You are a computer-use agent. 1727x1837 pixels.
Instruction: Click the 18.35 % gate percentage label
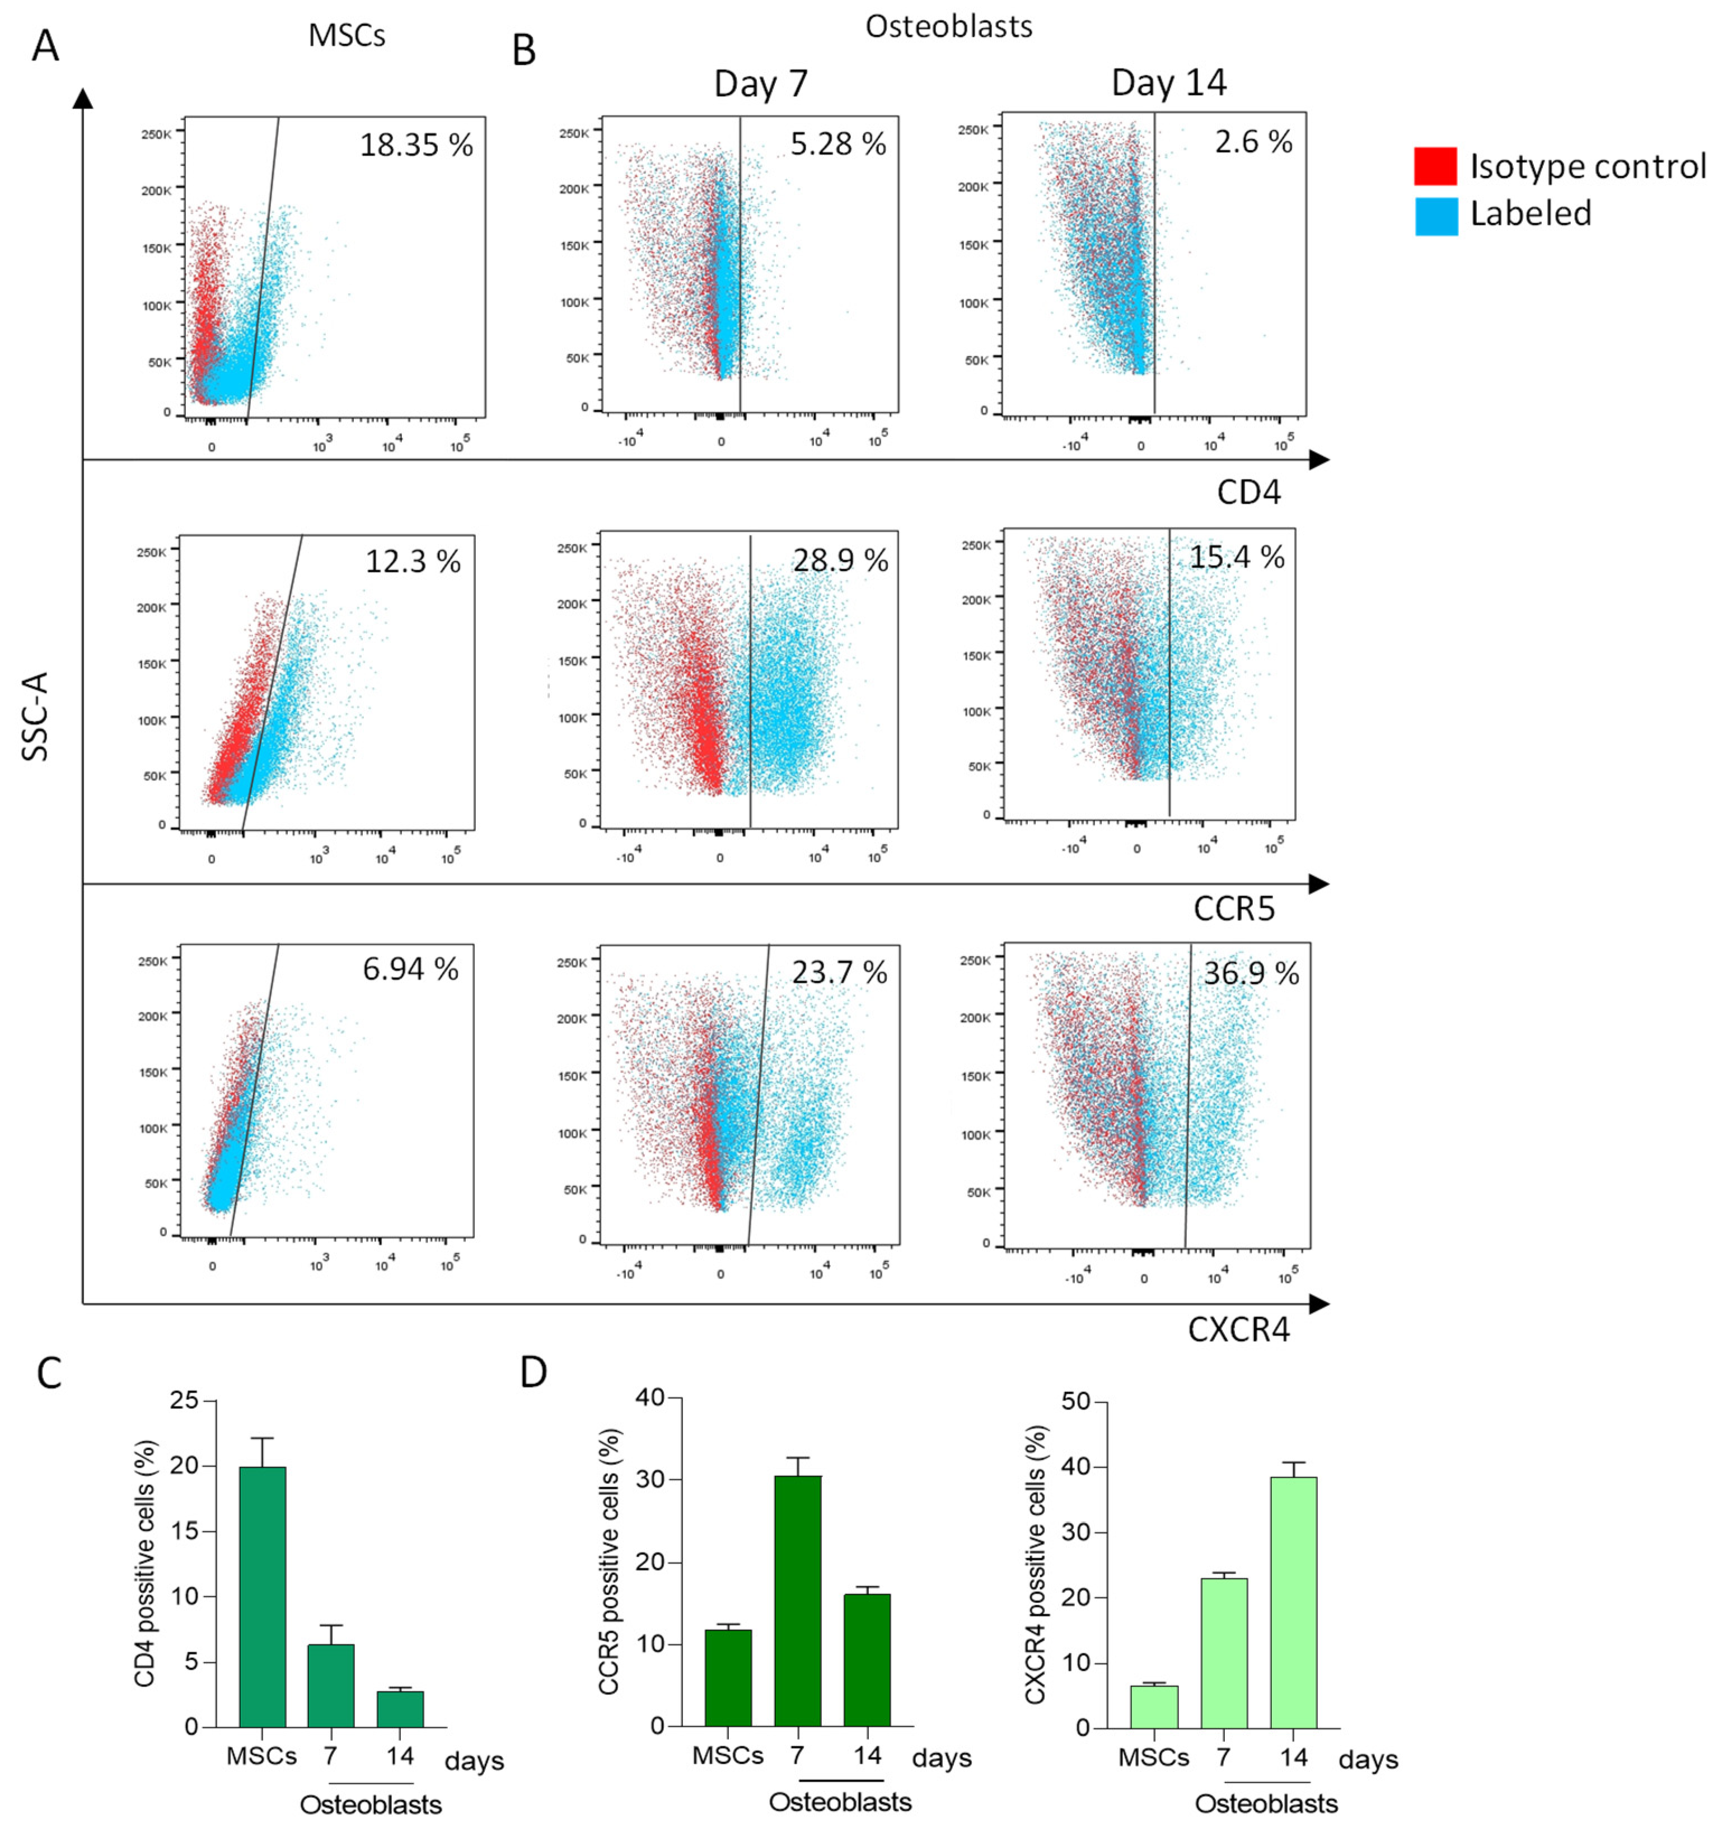(416, 145)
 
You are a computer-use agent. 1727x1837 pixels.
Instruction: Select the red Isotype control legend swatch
(1435, 166)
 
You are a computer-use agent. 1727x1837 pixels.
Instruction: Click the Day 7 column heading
(760, 85)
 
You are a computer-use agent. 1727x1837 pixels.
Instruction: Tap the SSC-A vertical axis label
(35, 716)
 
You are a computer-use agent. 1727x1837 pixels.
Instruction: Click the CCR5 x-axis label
(1234, 908)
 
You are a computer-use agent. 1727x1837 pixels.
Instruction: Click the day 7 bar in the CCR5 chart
(797, 1600)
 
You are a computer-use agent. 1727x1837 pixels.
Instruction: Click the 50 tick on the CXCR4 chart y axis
(1075, 1402)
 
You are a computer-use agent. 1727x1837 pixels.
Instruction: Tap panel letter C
(49, 1374)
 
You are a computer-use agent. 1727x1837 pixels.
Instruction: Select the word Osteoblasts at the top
(948, 27)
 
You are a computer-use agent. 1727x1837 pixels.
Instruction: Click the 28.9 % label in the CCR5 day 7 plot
(840, 560)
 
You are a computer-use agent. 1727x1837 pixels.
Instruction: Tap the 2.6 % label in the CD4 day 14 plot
(1253, 142)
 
